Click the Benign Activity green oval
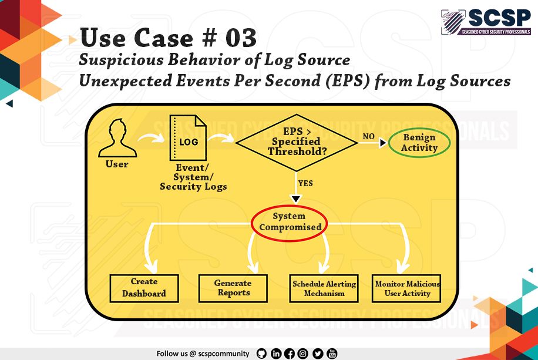(x=419, y=142)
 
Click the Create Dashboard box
(x=144, y=288)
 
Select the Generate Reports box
(x=233, y=288)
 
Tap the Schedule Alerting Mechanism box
(x=324, y=288)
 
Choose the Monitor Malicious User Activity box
(x=407, y=288)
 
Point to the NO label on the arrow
(x=368, y=136)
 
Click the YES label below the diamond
(x=305, y=183)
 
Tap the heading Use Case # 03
(x=169, y=38)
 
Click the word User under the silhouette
(x=117, y=164)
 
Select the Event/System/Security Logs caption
(x=193, y=177)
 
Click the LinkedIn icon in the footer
(x=275, y=354)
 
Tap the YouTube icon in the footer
(x=332, y=354)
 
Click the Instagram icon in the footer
(x=303, y=354)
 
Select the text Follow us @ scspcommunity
(x=203, y=354)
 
